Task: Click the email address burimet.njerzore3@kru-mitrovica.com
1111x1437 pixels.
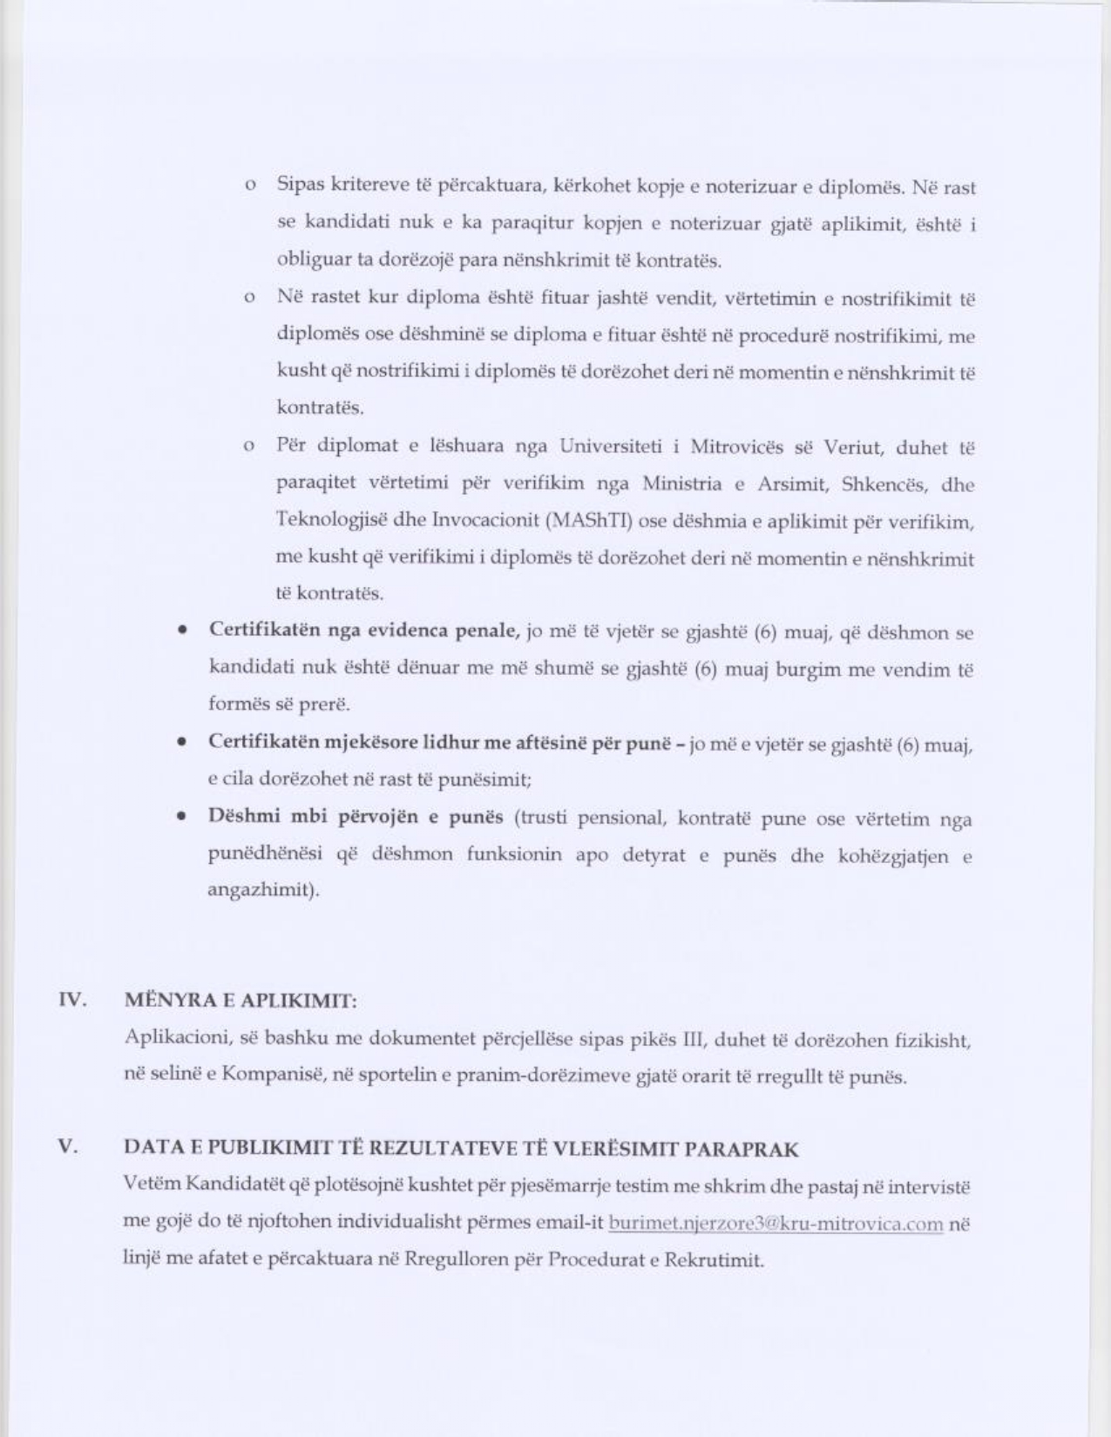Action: tap(776, 1224)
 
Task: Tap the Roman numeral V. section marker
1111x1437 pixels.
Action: tap(69, 1147)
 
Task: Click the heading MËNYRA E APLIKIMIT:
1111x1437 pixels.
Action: tap(240, 1001)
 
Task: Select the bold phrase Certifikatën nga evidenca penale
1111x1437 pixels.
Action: tap(364, 631)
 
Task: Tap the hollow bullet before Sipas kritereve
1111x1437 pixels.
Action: tap(250, 186)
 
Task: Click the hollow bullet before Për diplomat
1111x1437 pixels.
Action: tap(250, 447)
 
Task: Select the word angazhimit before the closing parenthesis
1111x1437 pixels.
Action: tap(259, 891)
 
